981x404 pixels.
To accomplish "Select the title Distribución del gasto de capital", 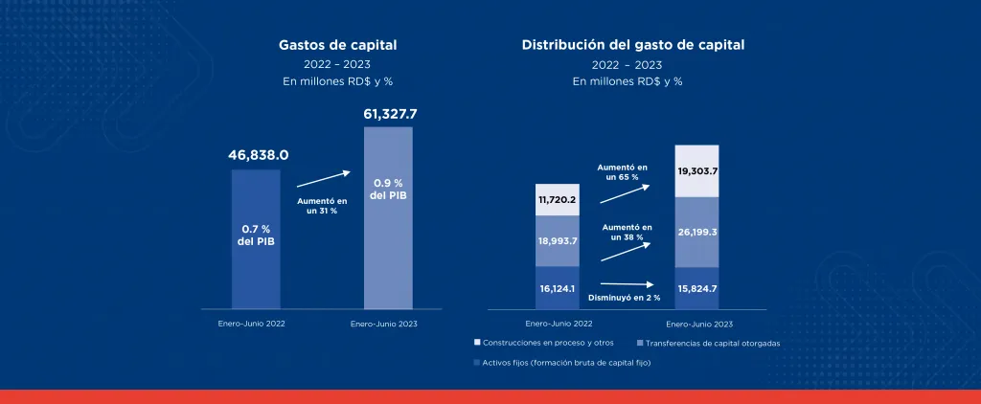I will (632, 45).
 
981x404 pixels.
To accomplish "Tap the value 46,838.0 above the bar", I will (258, 154).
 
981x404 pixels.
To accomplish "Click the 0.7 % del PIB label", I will (257, 236).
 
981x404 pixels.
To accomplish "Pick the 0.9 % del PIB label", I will (388, 190).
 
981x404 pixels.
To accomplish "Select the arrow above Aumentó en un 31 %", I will (323, 178).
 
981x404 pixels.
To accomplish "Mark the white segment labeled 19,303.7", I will (696, 171).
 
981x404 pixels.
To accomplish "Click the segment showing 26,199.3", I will (696, 232).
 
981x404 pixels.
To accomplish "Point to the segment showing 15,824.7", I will (696, 288).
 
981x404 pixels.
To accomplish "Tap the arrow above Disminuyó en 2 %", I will (627, 283).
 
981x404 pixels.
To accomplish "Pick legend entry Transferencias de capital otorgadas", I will (710, 342).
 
